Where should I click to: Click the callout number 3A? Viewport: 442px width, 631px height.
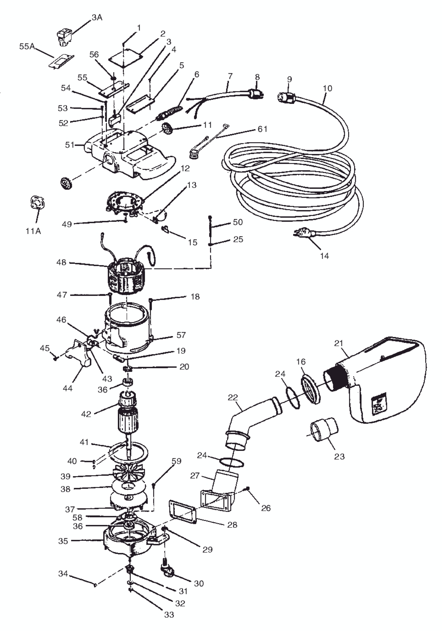coord(97,18)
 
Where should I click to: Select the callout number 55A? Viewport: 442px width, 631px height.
coord(27,46)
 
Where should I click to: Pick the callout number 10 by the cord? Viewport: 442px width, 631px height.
coord(327,88)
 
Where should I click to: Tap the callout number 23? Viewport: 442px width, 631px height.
coord(339,456)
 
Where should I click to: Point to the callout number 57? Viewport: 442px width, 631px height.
coord(181,335)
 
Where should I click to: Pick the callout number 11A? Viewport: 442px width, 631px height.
coord(33,231)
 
